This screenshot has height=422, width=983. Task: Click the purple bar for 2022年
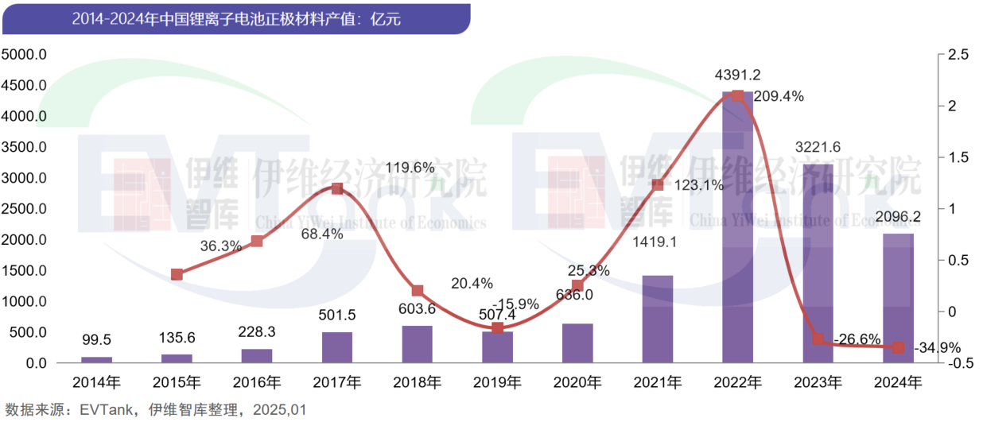coord(737,230)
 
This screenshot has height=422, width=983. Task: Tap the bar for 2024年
coord(898,298)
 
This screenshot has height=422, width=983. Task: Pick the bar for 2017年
coord(336,347)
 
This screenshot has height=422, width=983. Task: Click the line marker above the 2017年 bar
coord(336,189)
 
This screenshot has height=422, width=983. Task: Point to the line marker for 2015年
coord(177,274)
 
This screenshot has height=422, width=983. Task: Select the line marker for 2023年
coord(818,339)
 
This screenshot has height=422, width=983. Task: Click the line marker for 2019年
coord(497,327)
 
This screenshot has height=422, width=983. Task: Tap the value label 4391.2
coord(738,75)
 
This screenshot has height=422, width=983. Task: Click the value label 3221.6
coord(818,147)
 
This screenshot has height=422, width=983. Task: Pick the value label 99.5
coord(97,340)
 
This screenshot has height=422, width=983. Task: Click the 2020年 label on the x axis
coord(577,382)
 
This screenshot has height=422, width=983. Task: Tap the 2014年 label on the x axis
coord(97,382)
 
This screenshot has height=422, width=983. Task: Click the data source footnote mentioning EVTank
coord(154,410)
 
